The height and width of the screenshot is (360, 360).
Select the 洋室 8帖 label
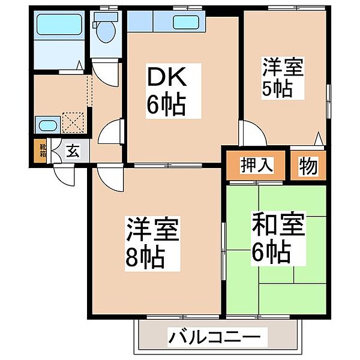[153, 243]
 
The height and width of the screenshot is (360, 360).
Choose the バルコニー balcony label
[214, 337]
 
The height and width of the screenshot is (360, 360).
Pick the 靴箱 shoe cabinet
[43, 151]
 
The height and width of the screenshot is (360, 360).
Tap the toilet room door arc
[106, 72]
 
